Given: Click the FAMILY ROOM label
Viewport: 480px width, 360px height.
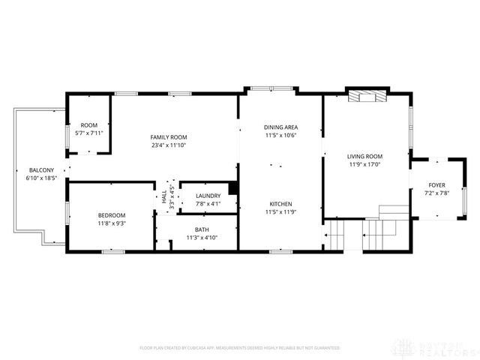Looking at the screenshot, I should point(168,137).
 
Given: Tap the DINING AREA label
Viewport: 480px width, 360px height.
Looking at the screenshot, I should point(280,127).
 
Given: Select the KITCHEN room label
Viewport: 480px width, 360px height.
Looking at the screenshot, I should point(280,204).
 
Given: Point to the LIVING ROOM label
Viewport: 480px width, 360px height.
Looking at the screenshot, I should point(365,157).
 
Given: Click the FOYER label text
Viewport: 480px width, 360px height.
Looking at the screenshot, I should point(436,185).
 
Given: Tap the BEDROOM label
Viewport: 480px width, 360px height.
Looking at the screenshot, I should point(112,215).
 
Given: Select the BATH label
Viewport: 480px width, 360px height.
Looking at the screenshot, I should point(202,229).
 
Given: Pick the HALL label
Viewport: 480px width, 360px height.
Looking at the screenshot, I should point(163,197).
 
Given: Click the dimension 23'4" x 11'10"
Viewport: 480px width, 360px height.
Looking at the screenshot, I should point(168,145).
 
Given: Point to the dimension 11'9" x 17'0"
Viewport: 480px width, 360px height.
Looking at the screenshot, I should point(365,165).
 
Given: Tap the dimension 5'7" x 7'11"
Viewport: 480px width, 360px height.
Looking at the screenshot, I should point(89,133).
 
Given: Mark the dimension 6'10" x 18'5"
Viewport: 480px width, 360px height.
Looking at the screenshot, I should point(42,178).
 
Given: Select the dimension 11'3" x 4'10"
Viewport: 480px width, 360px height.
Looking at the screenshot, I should point(202,238).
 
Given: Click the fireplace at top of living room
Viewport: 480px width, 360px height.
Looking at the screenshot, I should point(367,97).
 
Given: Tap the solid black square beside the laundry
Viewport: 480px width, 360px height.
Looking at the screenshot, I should point(233,188).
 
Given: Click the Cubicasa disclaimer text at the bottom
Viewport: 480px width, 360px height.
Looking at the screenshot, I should point(240,348).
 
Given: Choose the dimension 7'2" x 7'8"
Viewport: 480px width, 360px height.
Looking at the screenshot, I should point(436,193).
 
